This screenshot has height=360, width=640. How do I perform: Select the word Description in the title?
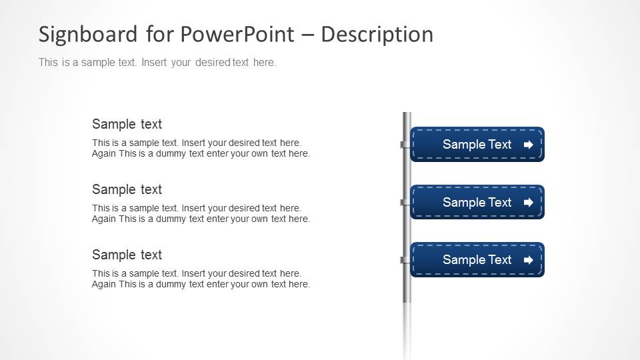[x=377, y=35]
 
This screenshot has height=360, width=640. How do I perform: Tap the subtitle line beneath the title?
[x=157, y=63]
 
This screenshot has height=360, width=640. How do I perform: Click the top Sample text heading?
[x=127, y=124]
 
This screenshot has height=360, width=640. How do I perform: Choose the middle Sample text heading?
[x=127, y=189]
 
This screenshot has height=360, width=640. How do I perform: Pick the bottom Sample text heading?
[x=127, y=255]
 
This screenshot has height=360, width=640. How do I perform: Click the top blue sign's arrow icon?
[x=529, y=145]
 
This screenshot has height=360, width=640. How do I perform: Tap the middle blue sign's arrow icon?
[x=529, y=203]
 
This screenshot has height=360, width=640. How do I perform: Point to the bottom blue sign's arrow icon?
[x=529, y=260]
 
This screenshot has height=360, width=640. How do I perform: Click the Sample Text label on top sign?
[x=477, y=145]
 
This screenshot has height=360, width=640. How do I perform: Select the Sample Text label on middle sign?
[x=477, y=203]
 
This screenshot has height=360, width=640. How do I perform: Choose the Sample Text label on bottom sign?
[x=477, y=260]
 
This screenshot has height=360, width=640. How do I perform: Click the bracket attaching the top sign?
[x=404, y=145]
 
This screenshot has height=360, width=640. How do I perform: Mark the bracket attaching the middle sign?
[x=404, y=202]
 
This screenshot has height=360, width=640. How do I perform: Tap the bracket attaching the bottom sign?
[x=404, y=260]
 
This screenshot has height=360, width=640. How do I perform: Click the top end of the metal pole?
[x=407, y=115]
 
